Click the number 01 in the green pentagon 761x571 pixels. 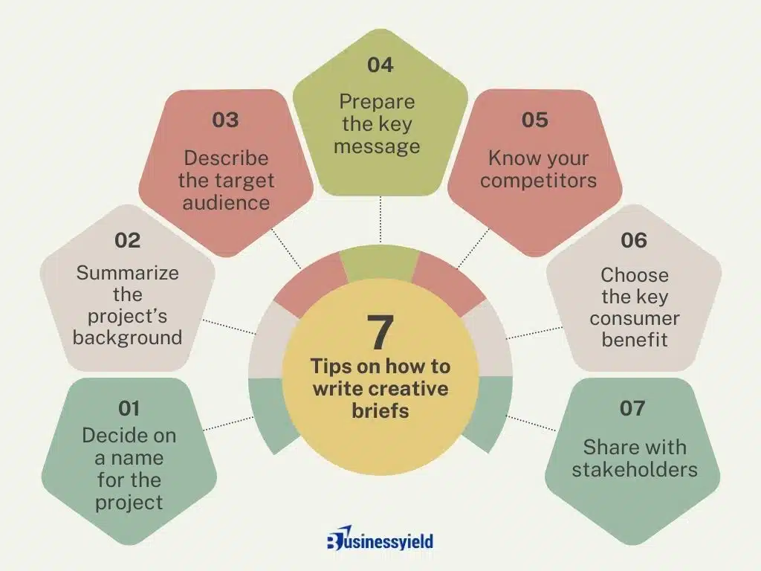pyautogui.click(x=129, y=408)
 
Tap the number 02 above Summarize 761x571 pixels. pyautogui.click(x=128, y=240)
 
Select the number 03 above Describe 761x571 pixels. pyautogui.click(x=226, y=120)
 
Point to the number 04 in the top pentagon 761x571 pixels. pyautogui.click(x=380, y=65)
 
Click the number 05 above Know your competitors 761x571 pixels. pyautogui.click(x=535, y=120)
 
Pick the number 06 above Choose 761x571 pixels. pyautogui.click(x=634, y=240)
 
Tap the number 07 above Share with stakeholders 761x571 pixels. pyautogui.click(x=632, y=408)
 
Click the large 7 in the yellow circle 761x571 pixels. pyautogui.click(x=380, y=332)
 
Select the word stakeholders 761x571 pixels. pyautogui.click(x=635, y=470)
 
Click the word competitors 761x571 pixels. pyautogui.click(x=538, y=181)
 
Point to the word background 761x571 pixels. pyautogui.click(x=127, y=338)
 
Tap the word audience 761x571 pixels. pyautogui.click(x=226, y=203)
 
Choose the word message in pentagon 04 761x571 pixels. pyautogui.click(x=377, y=146)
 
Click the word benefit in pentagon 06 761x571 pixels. pyautogui.click(x=635, y=339)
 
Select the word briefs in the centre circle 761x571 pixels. pyautogui.click(x=380, y=410)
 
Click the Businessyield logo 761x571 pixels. pyautogui.click(x=380, y=538)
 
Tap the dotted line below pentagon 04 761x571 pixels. pyautogui.click(x=380, y=219)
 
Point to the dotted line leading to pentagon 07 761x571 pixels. pyautogui.click(x=531, y=423)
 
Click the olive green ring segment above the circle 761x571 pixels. pyautogui.click(x=380, y=264)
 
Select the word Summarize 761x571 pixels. pyautogui.click(x=127, y=273)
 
